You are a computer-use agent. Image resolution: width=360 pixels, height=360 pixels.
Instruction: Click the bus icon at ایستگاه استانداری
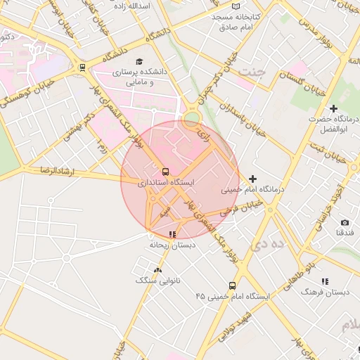pyautogui.click(x=165, y=172)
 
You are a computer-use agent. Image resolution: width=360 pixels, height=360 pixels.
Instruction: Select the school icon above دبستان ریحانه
pyautogui.click(x=172, y=234)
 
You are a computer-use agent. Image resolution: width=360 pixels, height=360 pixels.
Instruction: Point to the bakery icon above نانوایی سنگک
pyautogui.click(x=157, y=269)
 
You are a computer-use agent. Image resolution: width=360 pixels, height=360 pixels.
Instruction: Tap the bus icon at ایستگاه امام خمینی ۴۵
pyautogui.click(x=233, y=285)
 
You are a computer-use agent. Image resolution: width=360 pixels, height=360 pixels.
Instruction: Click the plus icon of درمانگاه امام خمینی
pyautogui.click(x=253, y=179)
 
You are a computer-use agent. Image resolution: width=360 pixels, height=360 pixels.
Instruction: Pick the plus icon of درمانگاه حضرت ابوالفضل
pyautogui.click(x=323, y=108)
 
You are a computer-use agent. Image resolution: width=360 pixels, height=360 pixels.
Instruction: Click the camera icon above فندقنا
pyautogui.click(x=344, y=222)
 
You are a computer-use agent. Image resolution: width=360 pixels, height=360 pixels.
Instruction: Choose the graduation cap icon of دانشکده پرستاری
pyautogui.click(x=139, y=62)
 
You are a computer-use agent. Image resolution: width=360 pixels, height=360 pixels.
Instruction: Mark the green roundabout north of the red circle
pyautogui.click(x=191, y=118)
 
